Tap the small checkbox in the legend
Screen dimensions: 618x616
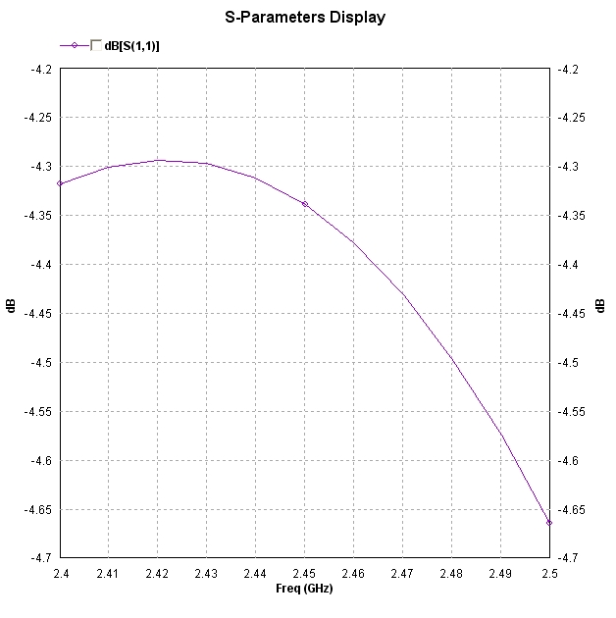pyautogui.click(x=96, y=44)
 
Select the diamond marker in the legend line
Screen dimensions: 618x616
pyautogui.click(x=74, y=45)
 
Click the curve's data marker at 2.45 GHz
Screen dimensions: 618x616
pyautogui.click(x=305, y=204)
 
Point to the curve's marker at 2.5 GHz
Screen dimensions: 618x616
pyautogui.click(x=549, y=523)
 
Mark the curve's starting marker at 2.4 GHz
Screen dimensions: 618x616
pyautogui.click(x=60, y=183)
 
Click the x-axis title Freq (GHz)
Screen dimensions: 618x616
pyautogui.click(x=304, y=588)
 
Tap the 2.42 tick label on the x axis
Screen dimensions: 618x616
pyautogui.click(x=158, y=571)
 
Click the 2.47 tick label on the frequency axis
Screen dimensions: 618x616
pyautogui.click(x=402, y=571)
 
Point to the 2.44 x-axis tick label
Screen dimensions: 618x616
pyautogui.click(x=256, y=571)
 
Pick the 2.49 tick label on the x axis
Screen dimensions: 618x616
pyautogui.click(x=500, y=571)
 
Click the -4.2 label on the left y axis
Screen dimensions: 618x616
pyautogui.click(x=41, y=70)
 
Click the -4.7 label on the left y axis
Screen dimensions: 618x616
pyautogui.click(x=41, y=557)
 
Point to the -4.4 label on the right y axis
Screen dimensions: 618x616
pyautogui.click(x=568, y=265)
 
